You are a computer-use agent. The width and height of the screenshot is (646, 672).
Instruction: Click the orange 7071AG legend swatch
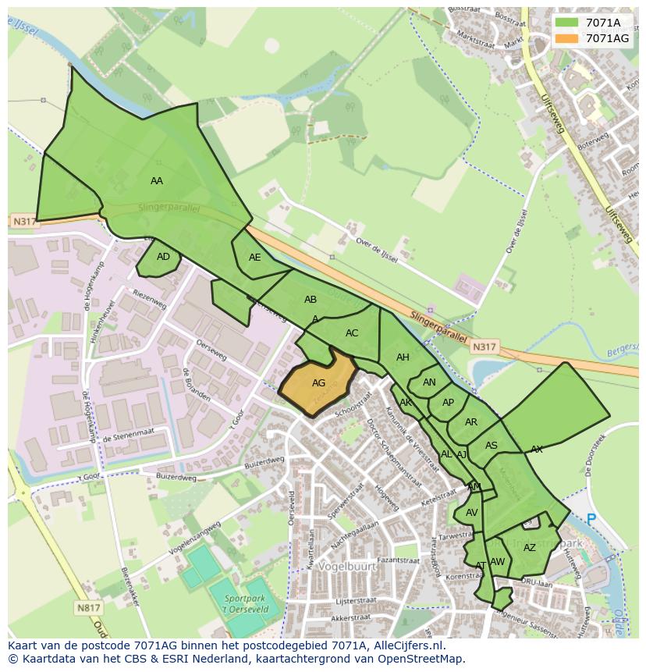(567, 38)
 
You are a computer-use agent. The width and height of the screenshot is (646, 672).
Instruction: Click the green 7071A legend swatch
(567, 22)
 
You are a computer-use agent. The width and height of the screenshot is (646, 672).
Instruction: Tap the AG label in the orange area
(318, 383)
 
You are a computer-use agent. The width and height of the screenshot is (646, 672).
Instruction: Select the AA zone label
(157, 180)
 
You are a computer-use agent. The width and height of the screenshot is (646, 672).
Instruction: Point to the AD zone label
(163, 256)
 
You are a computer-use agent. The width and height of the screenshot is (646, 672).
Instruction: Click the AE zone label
(255, 257)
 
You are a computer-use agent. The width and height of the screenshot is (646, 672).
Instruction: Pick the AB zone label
(311, 300)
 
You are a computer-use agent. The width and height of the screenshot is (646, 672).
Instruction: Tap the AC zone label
(352, 333)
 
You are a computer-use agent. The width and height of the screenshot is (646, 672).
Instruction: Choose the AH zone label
(403, 357)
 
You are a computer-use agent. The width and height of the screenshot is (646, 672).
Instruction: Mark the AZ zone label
(530, 548)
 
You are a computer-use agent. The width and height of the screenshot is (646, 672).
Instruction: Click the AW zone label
(498, 562)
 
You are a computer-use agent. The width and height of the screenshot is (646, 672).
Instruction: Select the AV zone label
(471, 513)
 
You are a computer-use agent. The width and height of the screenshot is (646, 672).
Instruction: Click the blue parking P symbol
(591, 518)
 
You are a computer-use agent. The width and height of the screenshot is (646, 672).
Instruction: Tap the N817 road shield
(89, 607)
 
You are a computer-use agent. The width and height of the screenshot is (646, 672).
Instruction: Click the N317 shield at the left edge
(24, 222)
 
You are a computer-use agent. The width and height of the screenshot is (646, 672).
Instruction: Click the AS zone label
(492, 446)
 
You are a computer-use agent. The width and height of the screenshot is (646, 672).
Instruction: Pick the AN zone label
(429, 382)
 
